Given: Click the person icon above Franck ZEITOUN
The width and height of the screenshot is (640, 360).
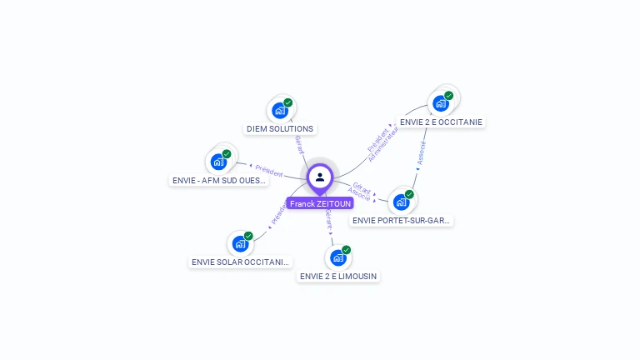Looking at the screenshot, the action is click(x=320, y=177).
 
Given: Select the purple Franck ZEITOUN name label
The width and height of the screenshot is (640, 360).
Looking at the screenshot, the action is click(x=320, y=203).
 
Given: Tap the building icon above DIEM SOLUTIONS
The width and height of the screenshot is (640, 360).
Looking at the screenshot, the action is click(x=280, y=110).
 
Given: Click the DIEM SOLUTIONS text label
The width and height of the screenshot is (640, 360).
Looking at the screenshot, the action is click(x=280, y=129).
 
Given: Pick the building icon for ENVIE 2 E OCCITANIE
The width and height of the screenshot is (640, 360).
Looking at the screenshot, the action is click(x=440, y=103).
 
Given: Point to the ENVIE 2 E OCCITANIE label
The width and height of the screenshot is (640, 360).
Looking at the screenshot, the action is click(x=441, y=122).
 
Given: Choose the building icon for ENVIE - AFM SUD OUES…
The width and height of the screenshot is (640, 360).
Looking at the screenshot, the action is click(x=219, y=161).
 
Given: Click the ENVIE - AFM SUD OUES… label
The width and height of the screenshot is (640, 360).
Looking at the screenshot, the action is click(x=219, y=180).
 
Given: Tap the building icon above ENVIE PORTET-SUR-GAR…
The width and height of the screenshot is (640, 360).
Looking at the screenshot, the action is click(x=402, y=202).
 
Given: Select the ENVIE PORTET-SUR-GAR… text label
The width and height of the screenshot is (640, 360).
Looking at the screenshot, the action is click(x=402, y=221).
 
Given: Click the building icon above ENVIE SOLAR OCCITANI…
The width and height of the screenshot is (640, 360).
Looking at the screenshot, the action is click(x=241, y=243).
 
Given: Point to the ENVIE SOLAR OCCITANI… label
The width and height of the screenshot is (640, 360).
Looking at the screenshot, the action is click(x=241, y=262).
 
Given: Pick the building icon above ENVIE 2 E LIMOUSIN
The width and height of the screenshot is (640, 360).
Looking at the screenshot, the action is click(x=338, y=257).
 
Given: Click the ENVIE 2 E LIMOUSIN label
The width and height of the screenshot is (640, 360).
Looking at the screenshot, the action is click(x=338, y=276).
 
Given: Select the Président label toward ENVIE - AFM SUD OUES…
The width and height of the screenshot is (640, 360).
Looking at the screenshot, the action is click(x=268, y=170).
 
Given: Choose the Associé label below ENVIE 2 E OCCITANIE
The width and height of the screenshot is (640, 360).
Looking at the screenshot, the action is click(x=422, y=153).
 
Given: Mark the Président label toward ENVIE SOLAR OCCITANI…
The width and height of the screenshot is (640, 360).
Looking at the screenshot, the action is click(x=277, y=214).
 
